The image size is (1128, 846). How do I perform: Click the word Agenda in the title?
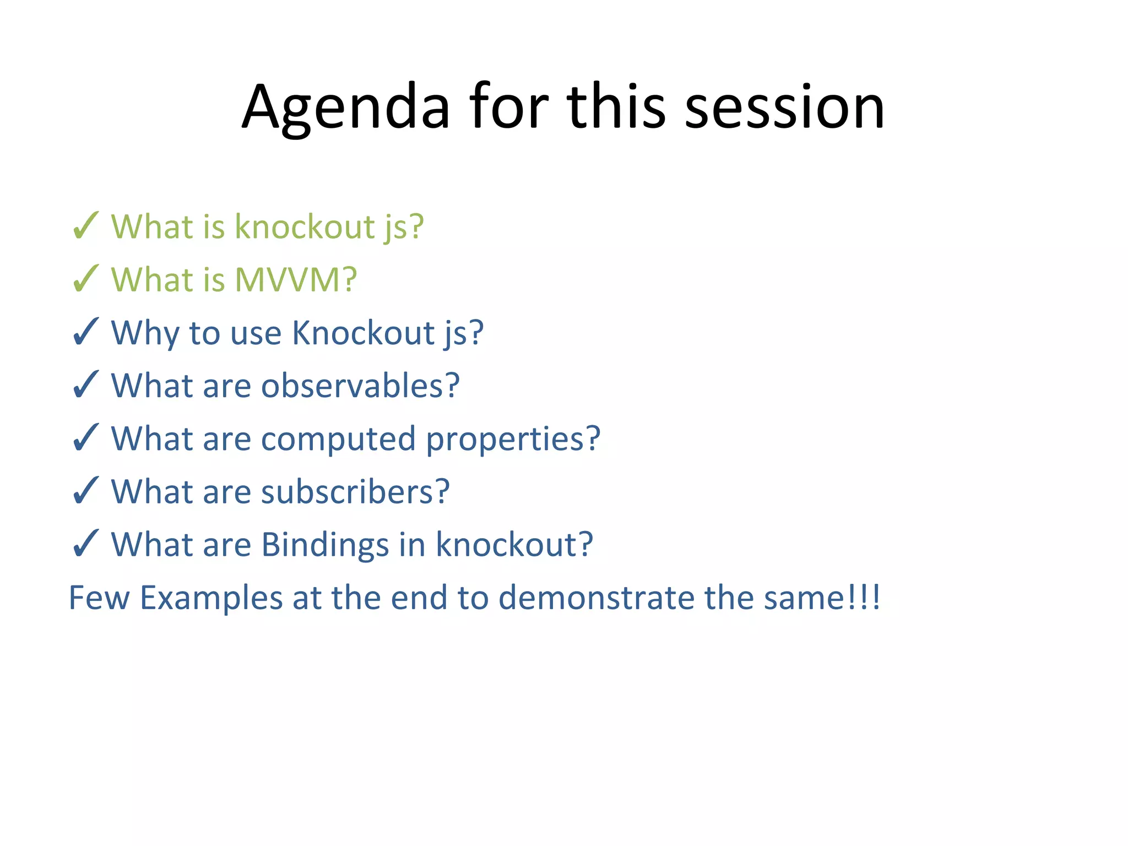click(x=346, y=107)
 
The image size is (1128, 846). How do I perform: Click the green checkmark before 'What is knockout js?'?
click(x=86, y=226)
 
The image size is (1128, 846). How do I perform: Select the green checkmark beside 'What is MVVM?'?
click(x=86, y=279)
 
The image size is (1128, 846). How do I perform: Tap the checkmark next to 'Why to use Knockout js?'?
click(x=86, y=332)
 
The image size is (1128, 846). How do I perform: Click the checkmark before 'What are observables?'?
click(x=86, y=385)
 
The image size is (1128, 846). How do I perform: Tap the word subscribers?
click(x=355, y=491)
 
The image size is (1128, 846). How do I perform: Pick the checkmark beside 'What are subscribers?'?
click(x=86, y=491)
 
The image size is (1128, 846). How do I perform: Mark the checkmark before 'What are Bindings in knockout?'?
click(x=86, y=544)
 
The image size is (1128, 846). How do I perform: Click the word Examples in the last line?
click(x=211, y=598)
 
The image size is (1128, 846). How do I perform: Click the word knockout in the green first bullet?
click(x=305, y=226)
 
